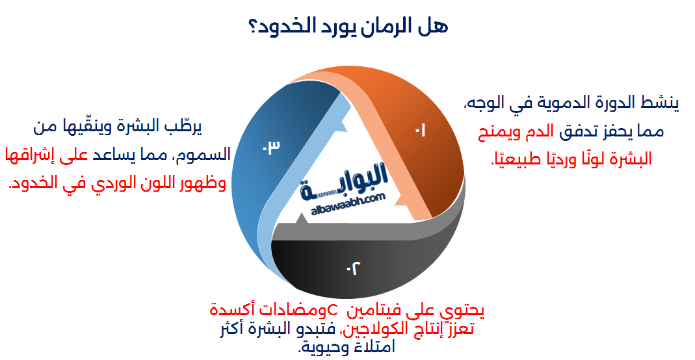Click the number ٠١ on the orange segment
[x=420, y=131]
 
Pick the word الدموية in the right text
[x=552, y=103]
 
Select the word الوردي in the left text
[x=107, y=184]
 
